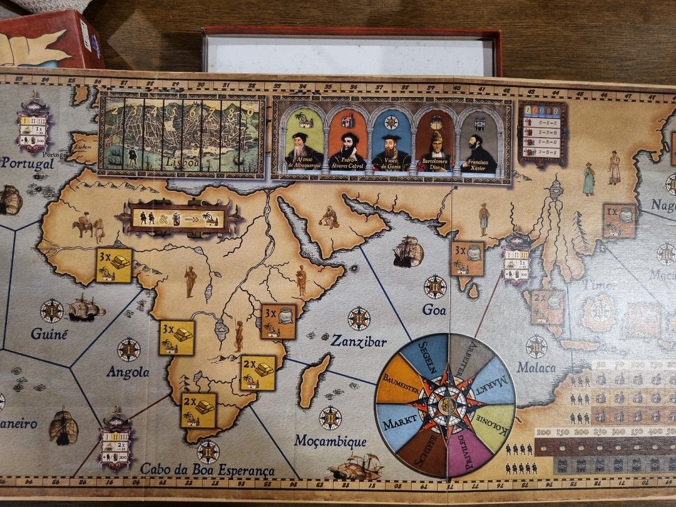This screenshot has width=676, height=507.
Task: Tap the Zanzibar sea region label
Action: pyautogui.click(x=359, y=342)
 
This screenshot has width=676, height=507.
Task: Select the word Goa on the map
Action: pyautogui.click(x=434, y=309)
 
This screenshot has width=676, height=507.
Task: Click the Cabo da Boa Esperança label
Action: pyautogui.click(x=207, y=469)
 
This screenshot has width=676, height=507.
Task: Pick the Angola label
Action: pyautogui.click(x=128, y=372)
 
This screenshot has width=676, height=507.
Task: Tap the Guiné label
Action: pyautogui.click(x=49, y=334)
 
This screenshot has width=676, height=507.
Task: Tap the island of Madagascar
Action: pyautogui.click(x=314, y=381)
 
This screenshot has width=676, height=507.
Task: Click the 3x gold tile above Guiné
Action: pyautogui.click(x=113, y=265)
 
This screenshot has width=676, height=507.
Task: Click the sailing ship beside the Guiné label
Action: pyautogui.click(x=85, y=308)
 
